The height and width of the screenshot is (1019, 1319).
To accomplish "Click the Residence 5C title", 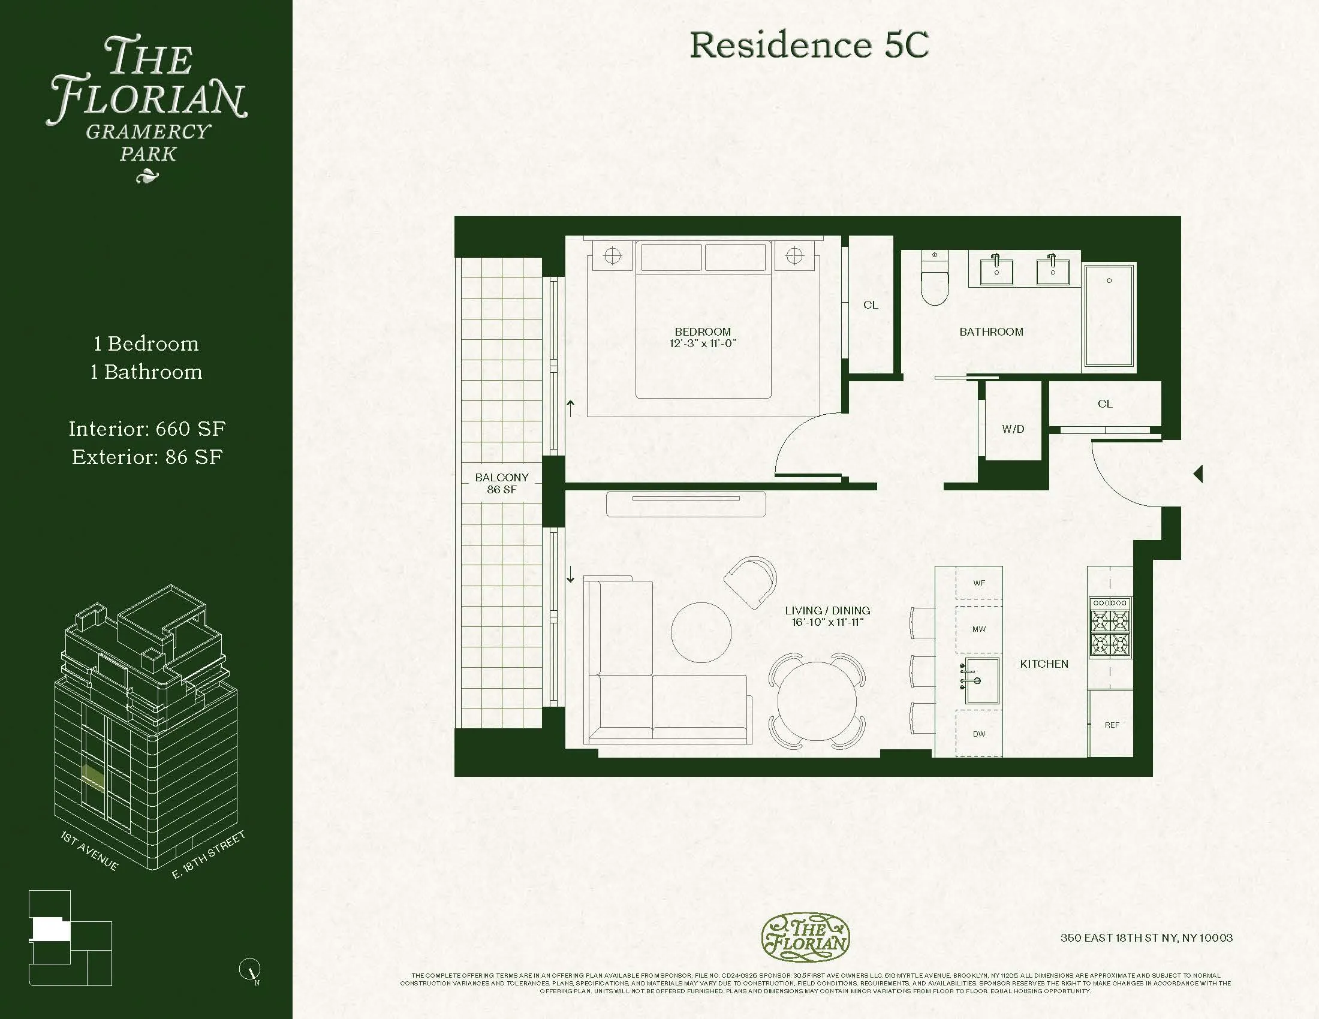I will click(809, 46).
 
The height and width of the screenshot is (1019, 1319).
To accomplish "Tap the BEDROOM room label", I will click(703, 332).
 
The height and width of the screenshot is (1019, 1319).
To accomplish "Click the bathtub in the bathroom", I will click(1109, 315).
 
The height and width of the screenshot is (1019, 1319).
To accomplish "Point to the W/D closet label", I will click(1013, 429).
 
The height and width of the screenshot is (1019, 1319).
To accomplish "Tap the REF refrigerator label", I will click(1111, 725).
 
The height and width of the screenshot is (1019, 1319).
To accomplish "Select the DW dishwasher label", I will click(979, 734).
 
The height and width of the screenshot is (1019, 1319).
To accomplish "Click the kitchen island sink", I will click(981, 681).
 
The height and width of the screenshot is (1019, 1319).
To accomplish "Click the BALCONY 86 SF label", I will click(501, 483).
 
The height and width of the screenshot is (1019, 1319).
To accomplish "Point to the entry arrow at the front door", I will click(1198, 474).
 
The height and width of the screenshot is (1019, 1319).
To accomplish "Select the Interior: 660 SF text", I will click(147, 429).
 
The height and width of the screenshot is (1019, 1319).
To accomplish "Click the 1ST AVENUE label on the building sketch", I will click(89, 851).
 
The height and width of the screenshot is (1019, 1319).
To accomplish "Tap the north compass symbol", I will click(250, 970).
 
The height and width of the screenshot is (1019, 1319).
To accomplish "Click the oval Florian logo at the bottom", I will click(805, 937).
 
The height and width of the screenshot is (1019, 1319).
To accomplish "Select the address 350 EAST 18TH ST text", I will click(1146, 938).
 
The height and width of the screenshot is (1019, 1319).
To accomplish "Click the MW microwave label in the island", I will click(979, 629).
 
